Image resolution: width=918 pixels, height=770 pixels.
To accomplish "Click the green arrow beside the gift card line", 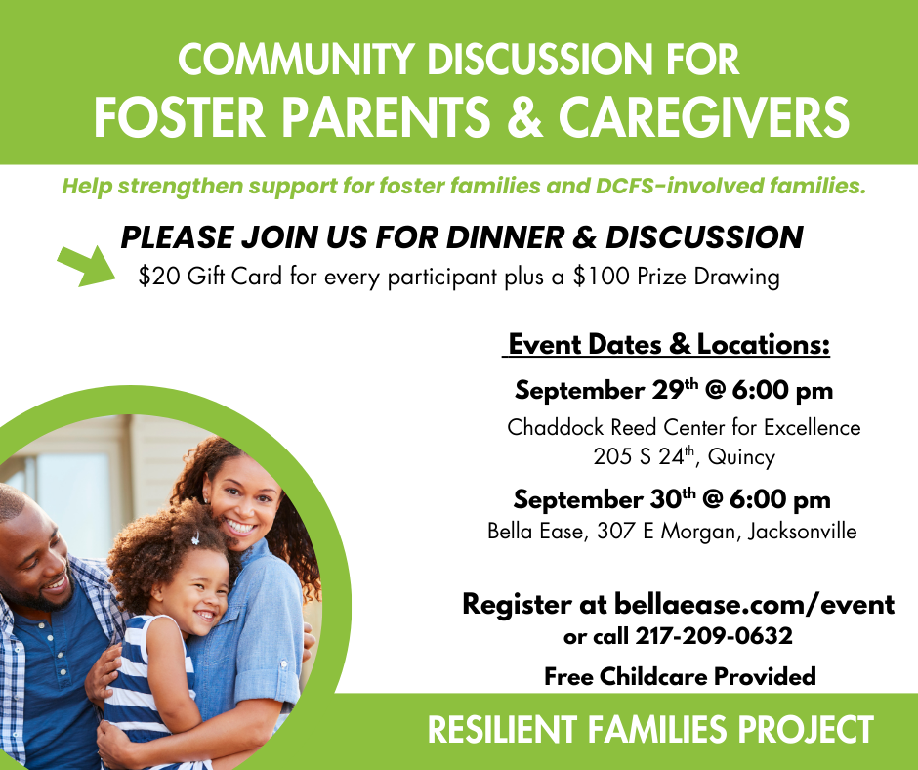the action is pyautogui.click(x=87, y=266).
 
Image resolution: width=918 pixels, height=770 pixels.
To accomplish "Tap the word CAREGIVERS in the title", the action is pyautogui.click(x=704, y=117).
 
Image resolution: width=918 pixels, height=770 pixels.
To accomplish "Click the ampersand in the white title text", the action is pyautogui.click(x=525, y=117).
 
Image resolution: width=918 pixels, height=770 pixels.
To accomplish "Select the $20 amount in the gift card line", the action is pyautogui.click(x=158, y=276).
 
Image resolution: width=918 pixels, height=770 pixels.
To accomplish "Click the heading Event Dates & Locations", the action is pyautogui.click(x=669, y=344).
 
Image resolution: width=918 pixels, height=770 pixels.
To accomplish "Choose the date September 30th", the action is pyautogui.click(x=605, y=499).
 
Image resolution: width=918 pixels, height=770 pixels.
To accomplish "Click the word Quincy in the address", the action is pyautogui.click(x=741, y=457).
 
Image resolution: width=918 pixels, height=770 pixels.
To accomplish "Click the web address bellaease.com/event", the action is pyautogui.click(x=754, y=604).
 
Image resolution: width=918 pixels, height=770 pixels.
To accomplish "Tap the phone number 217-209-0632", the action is pyautogui.click(x=714, y=636).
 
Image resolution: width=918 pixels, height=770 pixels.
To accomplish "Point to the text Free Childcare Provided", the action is pyautogui.click(x=680, y=676).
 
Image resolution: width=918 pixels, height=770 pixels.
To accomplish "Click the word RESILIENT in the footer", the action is pyautogui.click(x=502, y=730).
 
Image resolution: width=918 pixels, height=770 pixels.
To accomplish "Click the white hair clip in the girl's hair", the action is pyautogui.click(x=195, y=538).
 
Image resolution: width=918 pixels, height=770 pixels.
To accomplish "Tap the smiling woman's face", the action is pyautogui.click(x=243, y=504).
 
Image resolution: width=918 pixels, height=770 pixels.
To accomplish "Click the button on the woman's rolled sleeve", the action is pyautogui.click(x=283, y=665).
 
